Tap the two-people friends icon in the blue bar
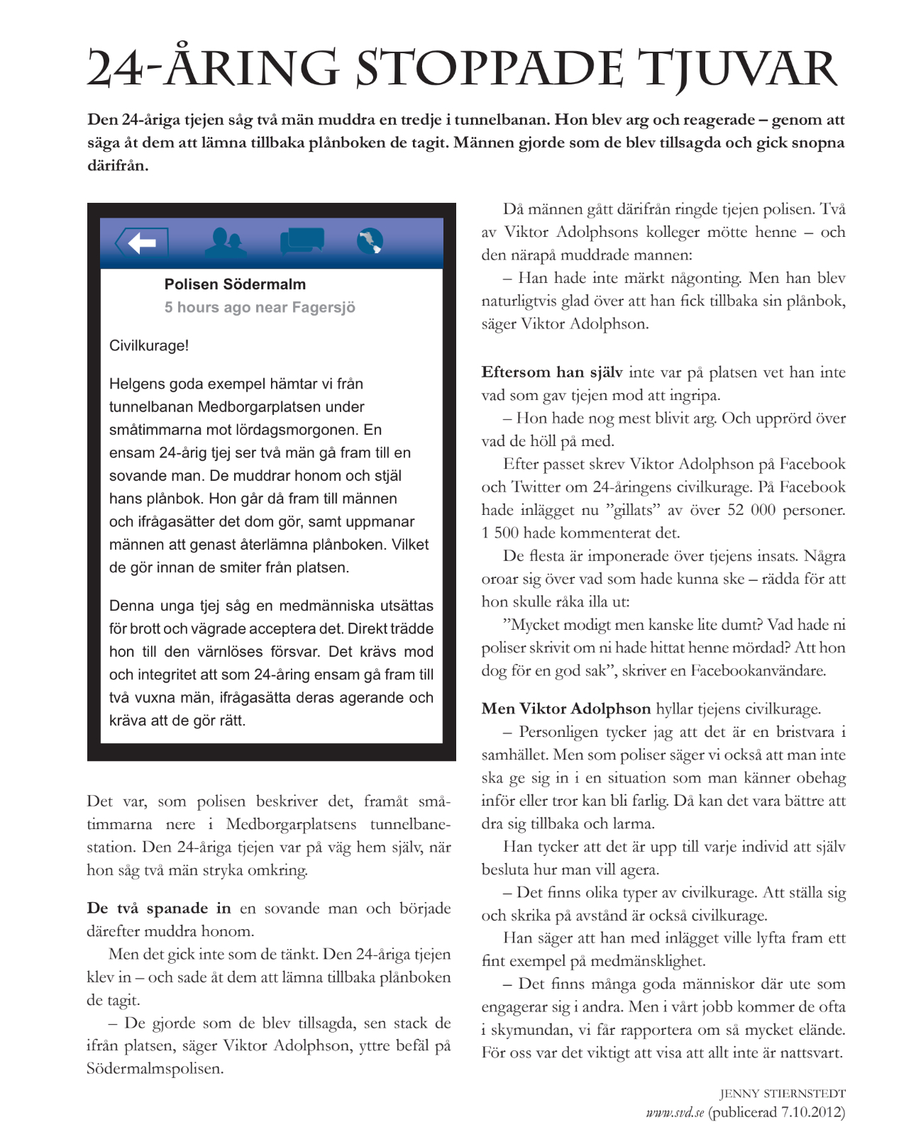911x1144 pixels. point(226,242)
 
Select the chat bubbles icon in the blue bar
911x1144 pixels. point(302,241)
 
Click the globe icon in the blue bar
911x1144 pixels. point(370,241)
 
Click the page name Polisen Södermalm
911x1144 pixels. point(235,284)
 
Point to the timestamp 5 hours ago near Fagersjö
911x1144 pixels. point(260,307)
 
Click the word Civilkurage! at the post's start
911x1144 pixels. point(149,346)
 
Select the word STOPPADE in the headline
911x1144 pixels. point(490,70)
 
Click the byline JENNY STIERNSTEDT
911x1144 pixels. point(783,1094)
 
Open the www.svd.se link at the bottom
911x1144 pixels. point(675,1112)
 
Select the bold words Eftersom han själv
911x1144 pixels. point(552,372)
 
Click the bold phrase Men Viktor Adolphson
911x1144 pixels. point(565,709)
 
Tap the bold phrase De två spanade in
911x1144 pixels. point(159,909)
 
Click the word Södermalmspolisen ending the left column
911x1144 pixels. point(155,1069)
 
